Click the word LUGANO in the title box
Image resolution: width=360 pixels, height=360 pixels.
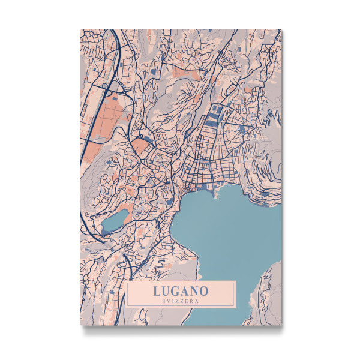(180, 291)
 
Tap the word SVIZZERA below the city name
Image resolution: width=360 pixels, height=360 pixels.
(180, 302)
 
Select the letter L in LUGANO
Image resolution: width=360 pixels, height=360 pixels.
(157, 291)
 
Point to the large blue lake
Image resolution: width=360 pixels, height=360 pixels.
(222, 234)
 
